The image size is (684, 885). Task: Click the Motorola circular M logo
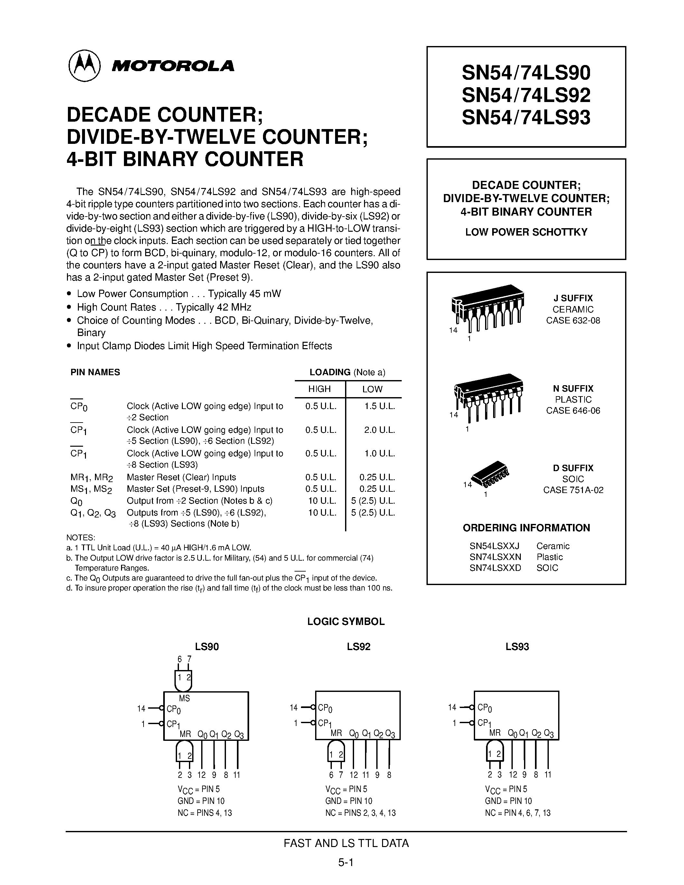[84, 66]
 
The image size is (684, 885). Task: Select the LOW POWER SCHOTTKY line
[526, 232]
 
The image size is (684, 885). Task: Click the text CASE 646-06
[573, 411]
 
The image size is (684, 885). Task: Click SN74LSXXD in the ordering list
[495, 568]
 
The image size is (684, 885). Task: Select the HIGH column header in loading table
[319, 389]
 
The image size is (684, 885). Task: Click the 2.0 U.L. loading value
[379, 430]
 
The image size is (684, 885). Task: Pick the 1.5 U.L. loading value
[379, 406]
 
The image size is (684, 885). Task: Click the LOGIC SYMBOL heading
[346, 622]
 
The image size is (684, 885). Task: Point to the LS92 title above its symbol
[359, 647]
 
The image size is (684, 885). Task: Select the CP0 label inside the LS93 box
[485, 708]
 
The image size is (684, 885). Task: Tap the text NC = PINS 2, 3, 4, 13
[360, 813]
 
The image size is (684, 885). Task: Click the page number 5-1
[346, 862]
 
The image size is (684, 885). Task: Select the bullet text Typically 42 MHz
[213, 307]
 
